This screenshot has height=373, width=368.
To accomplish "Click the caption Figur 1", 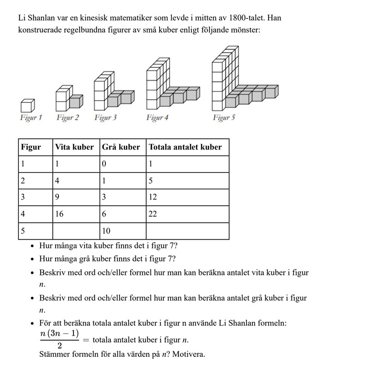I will pos(31,118).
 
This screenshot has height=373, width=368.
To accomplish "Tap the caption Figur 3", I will pos(105,118).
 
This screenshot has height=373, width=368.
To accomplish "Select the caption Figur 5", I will pos(224,118).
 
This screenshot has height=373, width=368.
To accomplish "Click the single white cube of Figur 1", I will pos(28,105).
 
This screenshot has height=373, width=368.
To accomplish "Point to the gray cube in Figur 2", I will pos(76,102).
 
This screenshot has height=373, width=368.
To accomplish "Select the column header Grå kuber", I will pos(121,147).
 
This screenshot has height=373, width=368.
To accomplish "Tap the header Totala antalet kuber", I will pos(185,147).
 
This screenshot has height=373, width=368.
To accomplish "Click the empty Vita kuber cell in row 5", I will pos(76,231).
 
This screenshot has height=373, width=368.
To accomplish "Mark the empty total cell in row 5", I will pos(187,231).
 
